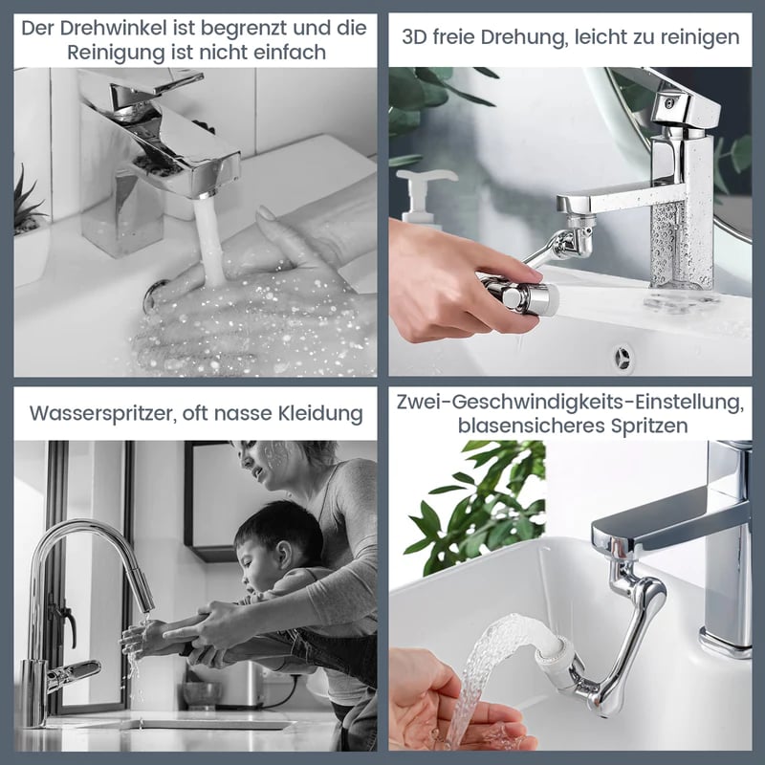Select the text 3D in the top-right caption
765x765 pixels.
point(414,37)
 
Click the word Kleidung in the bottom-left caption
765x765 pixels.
point(320,413)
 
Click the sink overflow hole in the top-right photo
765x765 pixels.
point(623,358)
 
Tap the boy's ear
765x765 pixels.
point(283,555)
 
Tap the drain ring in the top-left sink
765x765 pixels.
point(154,295)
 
